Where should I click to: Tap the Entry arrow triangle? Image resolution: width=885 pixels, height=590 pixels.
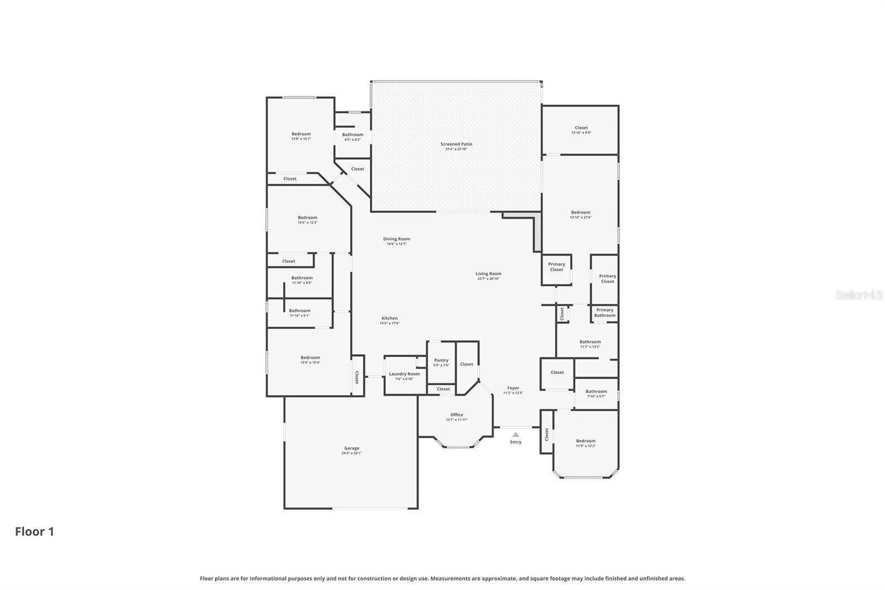coord(516,434)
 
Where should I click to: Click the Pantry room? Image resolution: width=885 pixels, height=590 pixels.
coord(441,362)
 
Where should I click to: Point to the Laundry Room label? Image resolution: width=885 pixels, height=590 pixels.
coord(404,374)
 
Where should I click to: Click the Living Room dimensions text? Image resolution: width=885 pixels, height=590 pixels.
coord(488,278)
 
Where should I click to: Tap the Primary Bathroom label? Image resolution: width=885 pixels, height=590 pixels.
coord(605,313)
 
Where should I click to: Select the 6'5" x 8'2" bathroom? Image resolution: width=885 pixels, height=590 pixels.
coord(352,136)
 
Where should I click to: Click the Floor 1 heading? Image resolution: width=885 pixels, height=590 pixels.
coord(34,532)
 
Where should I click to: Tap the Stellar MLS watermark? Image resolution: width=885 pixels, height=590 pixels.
coord(858,295)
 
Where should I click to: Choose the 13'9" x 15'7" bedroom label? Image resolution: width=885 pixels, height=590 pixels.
coord(301,136)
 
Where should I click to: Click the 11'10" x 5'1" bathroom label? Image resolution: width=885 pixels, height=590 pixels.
coord(300,313)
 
